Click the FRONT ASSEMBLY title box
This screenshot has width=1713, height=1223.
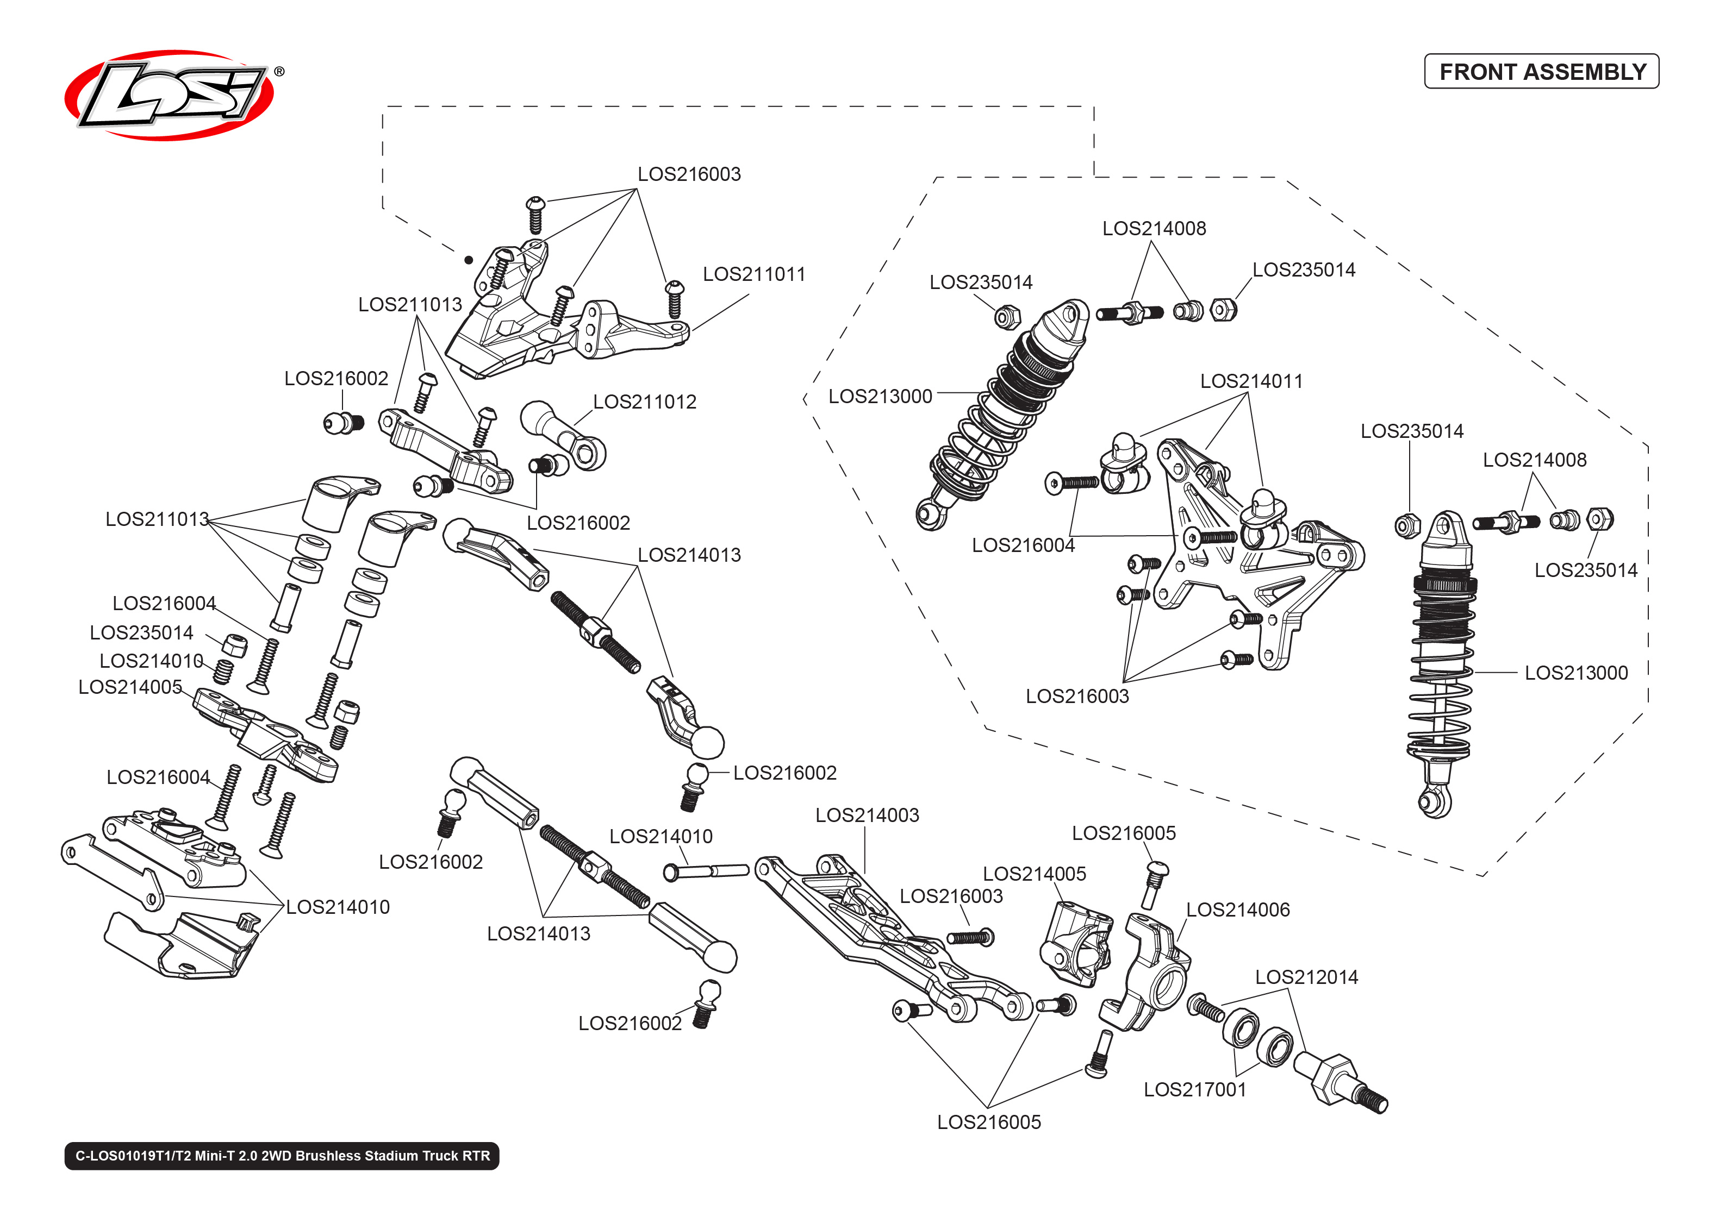click(x=1541, y=72)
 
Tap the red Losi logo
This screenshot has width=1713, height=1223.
click(x=170, y=95)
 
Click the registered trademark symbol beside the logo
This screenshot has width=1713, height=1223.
click(x=279, y=72)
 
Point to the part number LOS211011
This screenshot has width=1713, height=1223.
click(x=753, y=274)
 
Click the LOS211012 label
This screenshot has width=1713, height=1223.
click(x=644, y=402)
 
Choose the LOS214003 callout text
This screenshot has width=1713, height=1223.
click(x=867, y=815)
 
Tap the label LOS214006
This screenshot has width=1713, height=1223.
click(x=1238, y=910)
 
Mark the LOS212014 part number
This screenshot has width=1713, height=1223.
click(x=1306, y=977)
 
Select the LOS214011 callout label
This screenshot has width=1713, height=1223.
click(x=1251, y=381)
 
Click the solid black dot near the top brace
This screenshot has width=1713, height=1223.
click(x=469, y=260)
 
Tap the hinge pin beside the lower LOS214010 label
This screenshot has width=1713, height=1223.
click(x=705, y=871)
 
